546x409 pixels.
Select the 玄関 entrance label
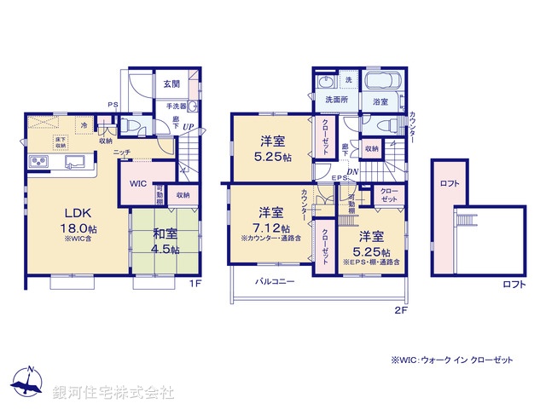click(171, 84)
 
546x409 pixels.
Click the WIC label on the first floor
click(139, 184)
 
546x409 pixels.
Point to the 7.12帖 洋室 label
click(271, 220)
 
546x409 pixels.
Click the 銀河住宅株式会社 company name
click(113, 392)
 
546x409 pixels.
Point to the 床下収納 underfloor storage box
click(61, 142)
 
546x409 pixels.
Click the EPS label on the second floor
click(338, 178)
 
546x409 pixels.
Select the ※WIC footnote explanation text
click(452, 360)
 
